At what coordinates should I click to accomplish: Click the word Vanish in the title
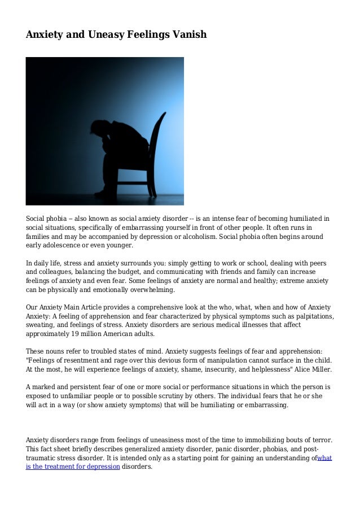189,34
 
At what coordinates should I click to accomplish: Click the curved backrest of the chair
157,141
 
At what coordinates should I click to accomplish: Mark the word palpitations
312,316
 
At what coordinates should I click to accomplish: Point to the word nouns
58,351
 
